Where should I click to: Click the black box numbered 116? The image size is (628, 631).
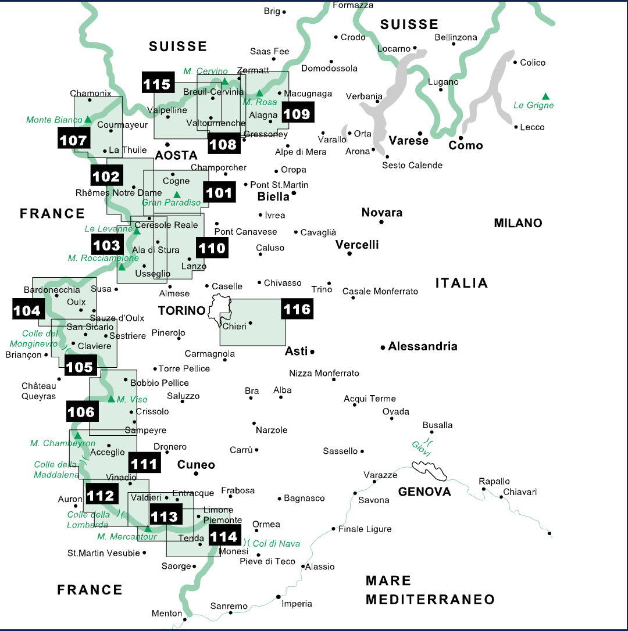[x=297, y=309]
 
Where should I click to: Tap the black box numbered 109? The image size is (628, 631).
[x=297, y=113]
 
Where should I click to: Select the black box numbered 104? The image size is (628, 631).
[x=27, y=310]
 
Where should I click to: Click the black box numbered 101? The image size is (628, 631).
[x=219, y=192]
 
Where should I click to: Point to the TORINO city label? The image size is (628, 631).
[x=182, y=311]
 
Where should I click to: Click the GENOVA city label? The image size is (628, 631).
[x=424, y=492]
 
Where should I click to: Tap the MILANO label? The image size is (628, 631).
[x=518, y=223]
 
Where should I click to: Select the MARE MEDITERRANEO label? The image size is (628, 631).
[x=430, y=590]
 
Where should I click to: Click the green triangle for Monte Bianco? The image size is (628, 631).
[x=88, y=119]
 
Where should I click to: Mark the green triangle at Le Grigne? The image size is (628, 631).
[x=545, y=96]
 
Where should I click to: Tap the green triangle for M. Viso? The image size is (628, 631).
[x=112, y=399]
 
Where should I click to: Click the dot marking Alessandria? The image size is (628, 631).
[x=383, y=347]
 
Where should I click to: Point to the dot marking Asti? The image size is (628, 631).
[x=312, y=352]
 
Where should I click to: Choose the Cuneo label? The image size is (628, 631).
[x=196, y=465]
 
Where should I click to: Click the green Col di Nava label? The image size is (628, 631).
[x=276, y=543]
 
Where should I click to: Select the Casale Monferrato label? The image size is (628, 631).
[x=380, y=291]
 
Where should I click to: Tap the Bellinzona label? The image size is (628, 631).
[x=456, y=38]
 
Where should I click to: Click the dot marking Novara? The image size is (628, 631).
[x=381, y=222]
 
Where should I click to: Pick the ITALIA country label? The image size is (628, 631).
[x=462, y=283]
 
